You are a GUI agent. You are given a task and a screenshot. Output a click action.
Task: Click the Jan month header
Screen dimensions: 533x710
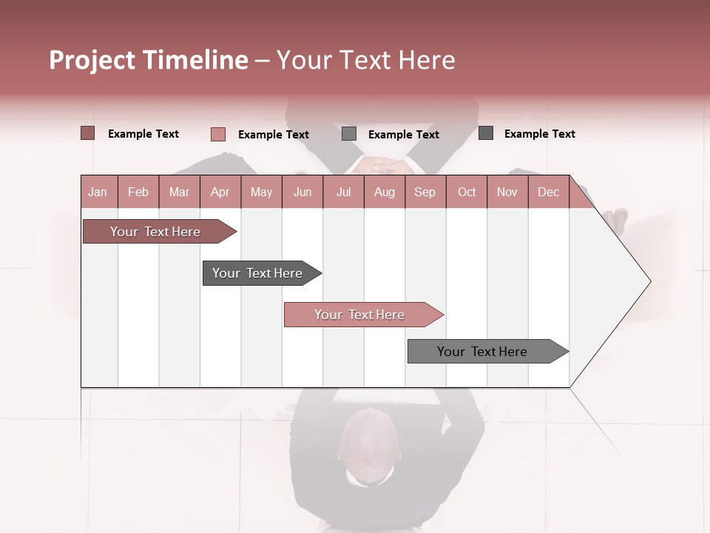pyautogui.click(x=98, y=192)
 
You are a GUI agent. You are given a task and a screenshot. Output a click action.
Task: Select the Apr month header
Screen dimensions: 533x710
pyautogui.click(x=220, y=192)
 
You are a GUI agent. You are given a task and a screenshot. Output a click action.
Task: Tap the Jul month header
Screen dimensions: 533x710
pyautogui.click(x=343, y=192)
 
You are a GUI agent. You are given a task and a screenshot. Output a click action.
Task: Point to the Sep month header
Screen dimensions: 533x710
pyautogui.click(x=425, y=192)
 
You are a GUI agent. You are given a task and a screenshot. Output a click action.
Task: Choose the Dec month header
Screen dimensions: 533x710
pyautogui.click(x=548, y=192)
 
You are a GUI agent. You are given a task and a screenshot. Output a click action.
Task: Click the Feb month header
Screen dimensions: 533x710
pyautogui.click(x=138, y=192)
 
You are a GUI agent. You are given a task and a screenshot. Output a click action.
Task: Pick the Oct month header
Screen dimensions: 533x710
pyautogui.click(x=467, y=192)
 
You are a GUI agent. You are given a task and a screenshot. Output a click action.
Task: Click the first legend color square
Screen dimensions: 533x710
pyautogui.click(x=87, y=133)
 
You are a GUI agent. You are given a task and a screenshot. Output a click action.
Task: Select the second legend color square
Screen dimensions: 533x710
pyautogui.click(x=217, y=134)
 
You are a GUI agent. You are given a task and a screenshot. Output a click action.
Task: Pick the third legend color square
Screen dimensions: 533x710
pyautogui.click(x=349, y=134)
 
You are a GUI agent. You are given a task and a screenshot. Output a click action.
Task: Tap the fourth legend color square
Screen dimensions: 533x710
pyautogui.click(x=486, y=133)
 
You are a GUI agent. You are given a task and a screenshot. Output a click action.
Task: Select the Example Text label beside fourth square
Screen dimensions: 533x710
pyautogui.click(x=539, y=133)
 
